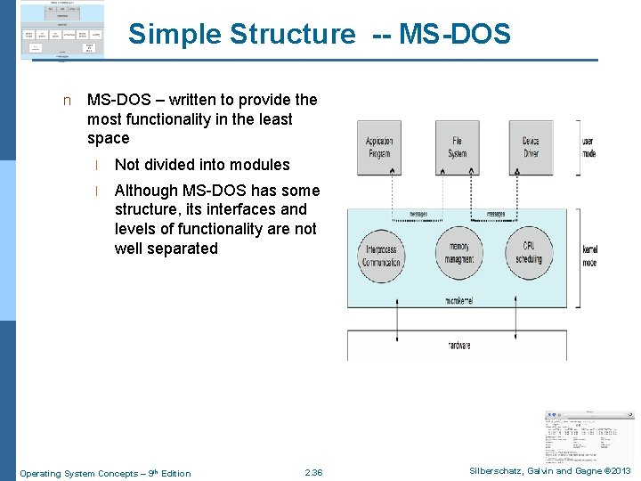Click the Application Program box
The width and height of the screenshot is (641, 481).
coord(380,148)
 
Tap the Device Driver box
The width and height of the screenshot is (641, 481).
coord(531,148)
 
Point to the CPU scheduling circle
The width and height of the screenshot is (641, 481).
coord(529,253)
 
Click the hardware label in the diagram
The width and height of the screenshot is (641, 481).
coord(459,346)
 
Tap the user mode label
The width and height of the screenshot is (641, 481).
coord(588,148)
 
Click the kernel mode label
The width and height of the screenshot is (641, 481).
coord(589,257)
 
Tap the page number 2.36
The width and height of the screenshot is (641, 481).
coord(313,472)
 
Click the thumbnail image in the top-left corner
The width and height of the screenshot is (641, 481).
coord(61,30)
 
